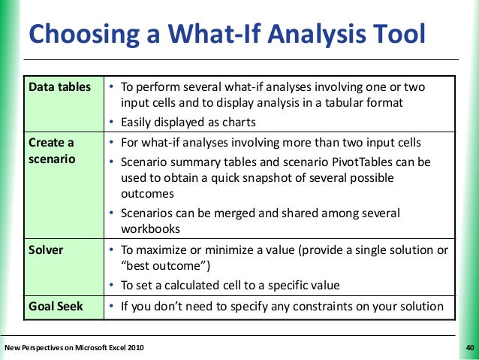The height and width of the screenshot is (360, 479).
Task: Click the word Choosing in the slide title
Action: click(x=83, y=34)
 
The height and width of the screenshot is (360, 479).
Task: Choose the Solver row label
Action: click(x=46, y=250)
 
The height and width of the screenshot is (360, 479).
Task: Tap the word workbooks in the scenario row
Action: click(x=148, y=230)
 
